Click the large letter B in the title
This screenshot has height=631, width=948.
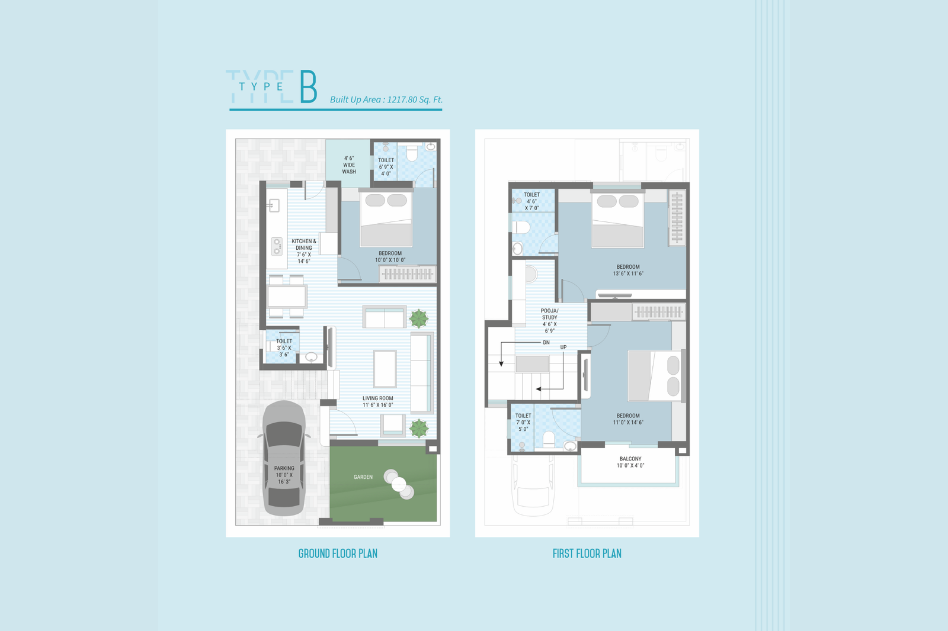point(309,86)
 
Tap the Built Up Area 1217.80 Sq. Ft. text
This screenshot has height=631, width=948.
point(386,100)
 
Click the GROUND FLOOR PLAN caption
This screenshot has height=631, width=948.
point(338,553)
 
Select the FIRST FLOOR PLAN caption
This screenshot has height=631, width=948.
point(587,553)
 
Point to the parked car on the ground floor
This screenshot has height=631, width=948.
point(284,458)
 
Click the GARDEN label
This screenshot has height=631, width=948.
point(363,477)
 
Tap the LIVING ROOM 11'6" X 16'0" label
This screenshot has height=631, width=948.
point(378,402)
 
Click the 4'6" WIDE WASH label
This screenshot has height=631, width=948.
point(349,165)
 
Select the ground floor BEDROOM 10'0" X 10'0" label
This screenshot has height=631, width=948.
point(390,257)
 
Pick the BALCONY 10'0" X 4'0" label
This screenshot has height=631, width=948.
point(630,462)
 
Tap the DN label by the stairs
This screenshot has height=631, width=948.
point(546,343)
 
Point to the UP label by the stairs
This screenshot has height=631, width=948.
point(563,347)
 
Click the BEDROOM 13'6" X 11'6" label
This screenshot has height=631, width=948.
point(628,271)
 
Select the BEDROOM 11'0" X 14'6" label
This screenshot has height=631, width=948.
point(628,419)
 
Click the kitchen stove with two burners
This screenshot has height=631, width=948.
point(277,246)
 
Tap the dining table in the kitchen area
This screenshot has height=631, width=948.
point(287,297)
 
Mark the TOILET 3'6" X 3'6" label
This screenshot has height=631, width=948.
point(284,348)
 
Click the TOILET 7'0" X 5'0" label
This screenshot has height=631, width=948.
point(523,423)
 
